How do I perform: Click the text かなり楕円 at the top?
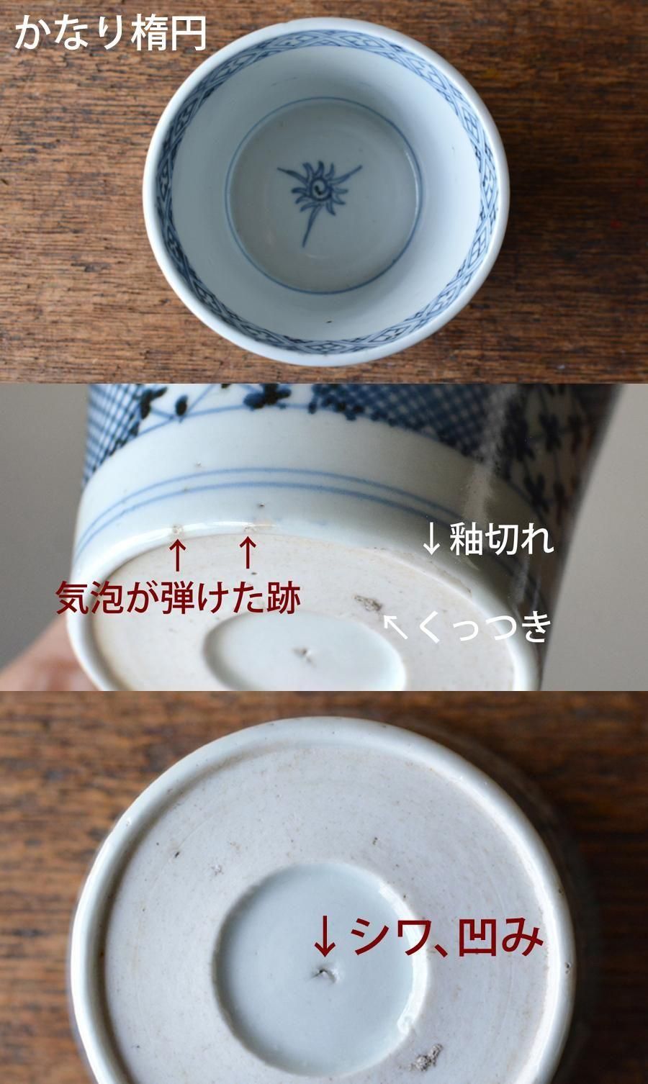111,34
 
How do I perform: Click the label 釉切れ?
502,539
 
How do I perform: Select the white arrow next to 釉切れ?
432,540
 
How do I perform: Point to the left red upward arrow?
178,556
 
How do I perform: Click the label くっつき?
484,626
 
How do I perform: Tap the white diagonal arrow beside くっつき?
395,626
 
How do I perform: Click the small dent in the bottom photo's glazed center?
324,974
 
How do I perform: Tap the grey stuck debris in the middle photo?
369,603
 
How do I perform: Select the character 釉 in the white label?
466,539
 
